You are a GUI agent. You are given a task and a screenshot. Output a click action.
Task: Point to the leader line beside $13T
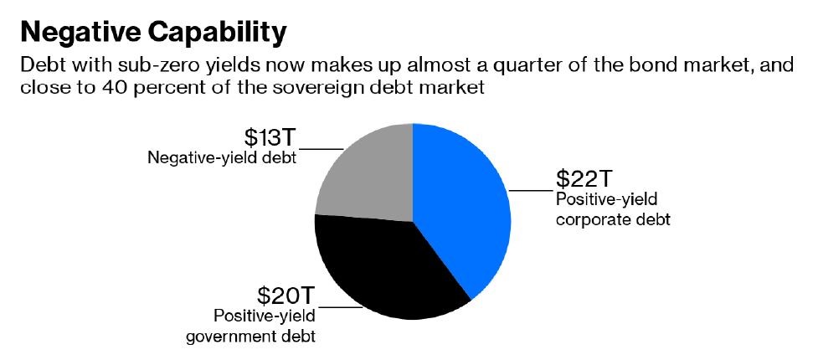321,149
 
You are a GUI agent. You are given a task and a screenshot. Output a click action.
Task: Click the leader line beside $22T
531,191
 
